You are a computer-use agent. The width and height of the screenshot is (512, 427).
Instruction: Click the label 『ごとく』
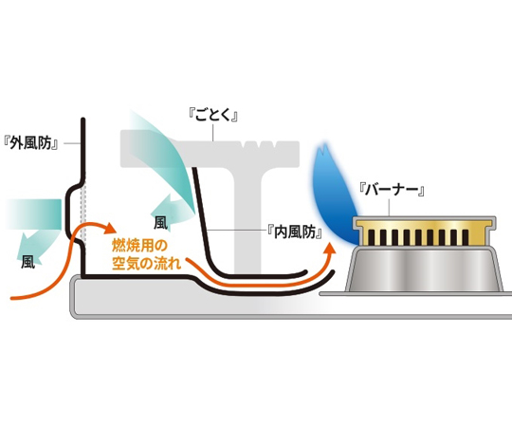[213, 115]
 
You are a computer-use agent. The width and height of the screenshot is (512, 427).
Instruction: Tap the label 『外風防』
[31, 142]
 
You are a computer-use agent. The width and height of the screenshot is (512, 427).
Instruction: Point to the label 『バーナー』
[392, 190]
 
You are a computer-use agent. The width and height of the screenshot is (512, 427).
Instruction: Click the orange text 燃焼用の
[139, 245]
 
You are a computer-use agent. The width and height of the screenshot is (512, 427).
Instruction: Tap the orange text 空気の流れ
[146, 264]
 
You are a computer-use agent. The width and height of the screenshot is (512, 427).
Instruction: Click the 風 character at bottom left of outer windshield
[28, 262]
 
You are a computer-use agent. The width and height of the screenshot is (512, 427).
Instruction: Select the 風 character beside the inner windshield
[160, 223]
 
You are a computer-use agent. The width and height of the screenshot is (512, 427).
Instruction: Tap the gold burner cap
[425, 232]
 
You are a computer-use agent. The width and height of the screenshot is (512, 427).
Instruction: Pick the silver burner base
[425, 269]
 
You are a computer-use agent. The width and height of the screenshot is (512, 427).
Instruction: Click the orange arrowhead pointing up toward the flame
[331, 249]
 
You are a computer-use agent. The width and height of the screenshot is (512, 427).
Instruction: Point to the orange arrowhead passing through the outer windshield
[110, 229]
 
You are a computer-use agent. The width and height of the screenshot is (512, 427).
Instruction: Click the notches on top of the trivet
[261, 145]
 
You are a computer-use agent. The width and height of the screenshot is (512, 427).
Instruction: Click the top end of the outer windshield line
[83, 120]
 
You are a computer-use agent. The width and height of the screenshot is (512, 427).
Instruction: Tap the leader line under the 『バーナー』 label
[390, 208]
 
